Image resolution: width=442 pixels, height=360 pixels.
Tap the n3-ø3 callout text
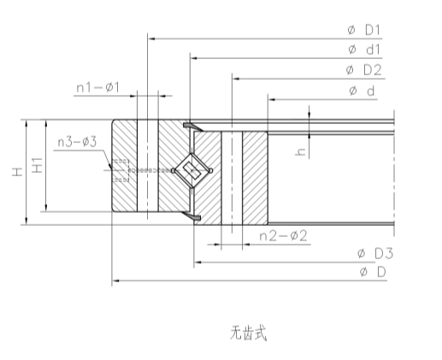77,141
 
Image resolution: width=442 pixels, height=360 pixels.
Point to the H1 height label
37,168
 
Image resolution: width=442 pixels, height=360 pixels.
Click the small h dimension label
299,152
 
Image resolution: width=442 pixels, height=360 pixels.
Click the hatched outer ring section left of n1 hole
125,171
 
